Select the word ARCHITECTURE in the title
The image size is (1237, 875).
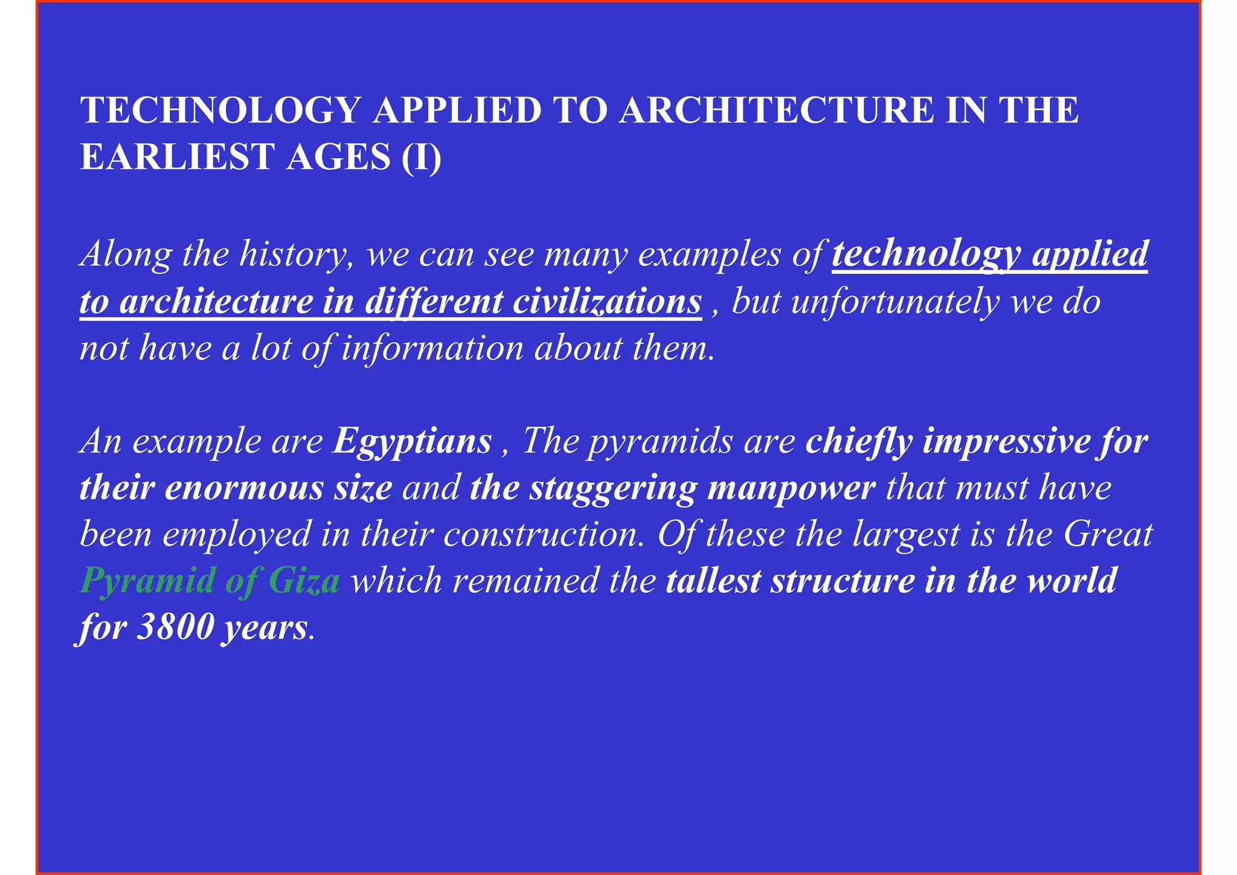(776, 111)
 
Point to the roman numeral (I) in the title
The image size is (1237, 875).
(421, 157)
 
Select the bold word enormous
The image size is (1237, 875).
(244, 488)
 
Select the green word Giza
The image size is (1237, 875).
(304, 581)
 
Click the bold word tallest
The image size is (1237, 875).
(713, 581)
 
